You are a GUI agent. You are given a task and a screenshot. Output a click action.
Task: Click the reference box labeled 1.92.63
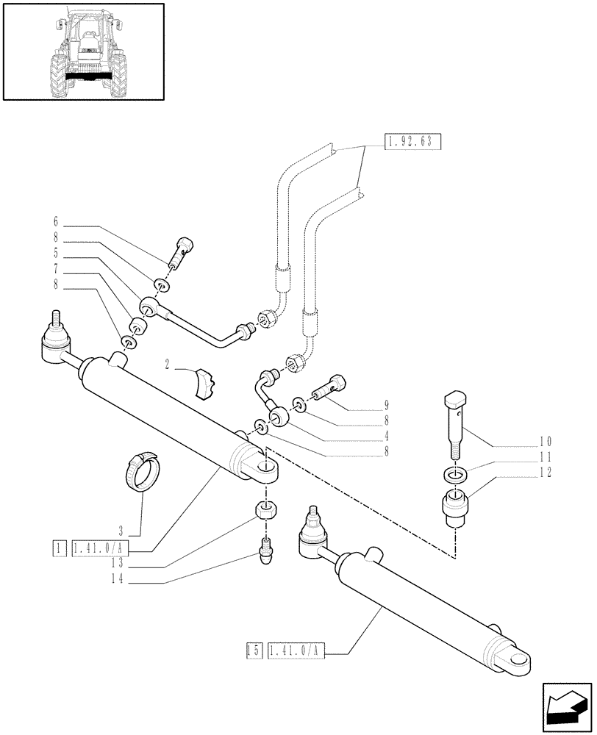[x=412, y=143]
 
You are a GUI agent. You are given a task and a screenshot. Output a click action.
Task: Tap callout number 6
[x=55, y=221]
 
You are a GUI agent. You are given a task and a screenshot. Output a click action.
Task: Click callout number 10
[x=544, y=442]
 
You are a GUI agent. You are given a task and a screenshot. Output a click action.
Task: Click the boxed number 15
[x=254, y=650]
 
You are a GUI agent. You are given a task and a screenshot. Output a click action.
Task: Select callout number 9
[x=386, y=405]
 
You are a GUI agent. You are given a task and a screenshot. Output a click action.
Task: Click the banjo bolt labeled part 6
[x=182, y=252]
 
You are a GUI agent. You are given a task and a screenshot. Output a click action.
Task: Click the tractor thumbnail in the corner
[x=82, y=51]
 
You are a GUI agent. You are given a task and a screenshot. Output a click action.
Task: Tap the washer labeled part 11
[x=454, y=476]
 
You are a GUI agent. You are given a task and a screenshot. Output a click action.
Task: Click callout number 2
[x=168, y=364]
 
